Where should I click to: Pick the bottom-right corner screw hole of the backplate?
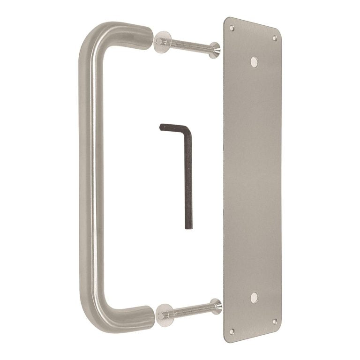[275, 321]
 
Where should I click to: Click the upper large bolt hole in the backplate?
[254, 61]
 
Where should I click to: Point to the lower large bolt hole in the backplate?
[254, 297]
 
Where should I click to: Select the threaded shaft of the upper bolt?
[190, 45]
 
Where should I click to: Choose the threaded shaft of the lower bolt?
[190, 310]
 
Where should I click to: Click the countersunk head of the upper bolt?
[216, 50]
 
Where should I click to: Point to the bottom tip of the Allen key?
[188, 227]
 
